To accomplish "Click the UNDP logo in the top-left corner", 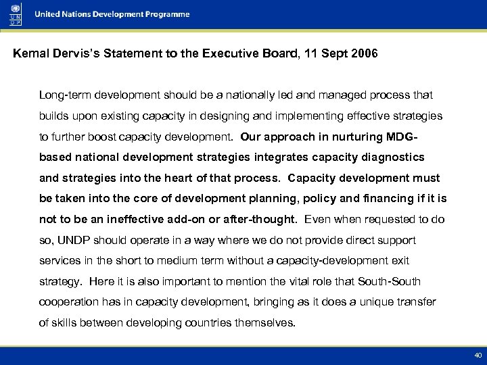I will coord(14,14).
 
